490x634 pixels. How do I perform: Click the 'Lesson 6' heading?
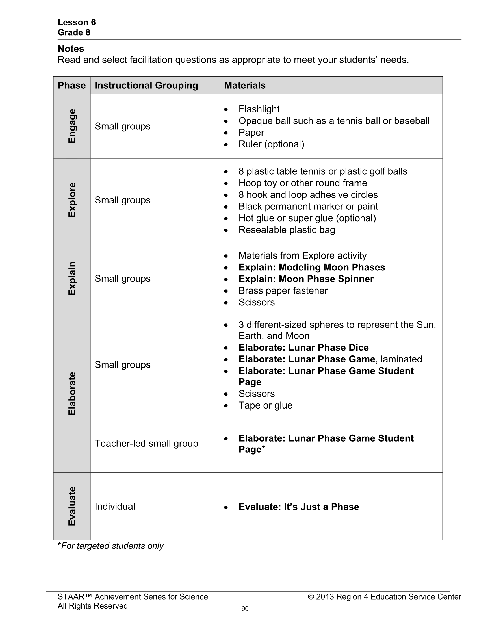(x=77, y=22)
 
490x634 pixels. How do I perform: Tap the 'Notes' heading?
(x=71, y=49)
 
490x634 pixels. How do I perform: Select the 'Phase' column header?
(x=72, y=85)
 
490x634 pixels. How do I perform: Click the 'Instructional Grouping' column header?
(x=146, y=85)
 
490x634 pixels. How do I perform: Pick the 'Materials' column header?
(x=245, y=85)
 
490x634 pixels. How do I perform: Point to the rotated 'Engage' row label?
(x=72, y=126)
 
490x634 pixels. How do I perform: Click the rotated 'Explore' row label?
(x=72, y=200)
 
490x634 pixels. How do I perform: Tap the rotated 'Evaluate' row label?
(x=72, y=506)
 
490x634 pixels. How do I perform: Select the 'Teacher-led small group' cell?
(x=146, y=443)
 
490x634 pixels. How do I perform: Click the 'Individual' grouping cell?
(x=115, y=506)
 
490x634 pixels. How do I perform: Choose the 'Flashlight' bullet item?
(x=259, y=109)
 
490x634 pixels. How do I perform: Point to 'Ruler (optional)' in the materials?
(x=271, y=144)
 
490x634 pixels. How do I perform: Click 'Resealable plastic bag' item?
(x=287, y=230)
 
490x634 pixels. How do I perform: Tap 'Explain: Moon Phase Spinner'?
(x=306, y=279)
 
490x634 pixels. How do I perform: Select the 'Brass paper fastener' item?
(x=283, y=290)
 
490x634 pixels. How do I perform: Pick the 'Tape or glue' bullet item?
(x=265, y=405)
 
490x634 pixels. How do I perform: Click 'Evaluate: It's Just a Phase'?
(x=299, y=507)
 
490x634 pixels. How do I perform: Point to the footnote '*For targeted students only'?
(x=110, y=546)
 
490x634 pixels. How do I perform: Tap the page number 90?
(x=245, y=609)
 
